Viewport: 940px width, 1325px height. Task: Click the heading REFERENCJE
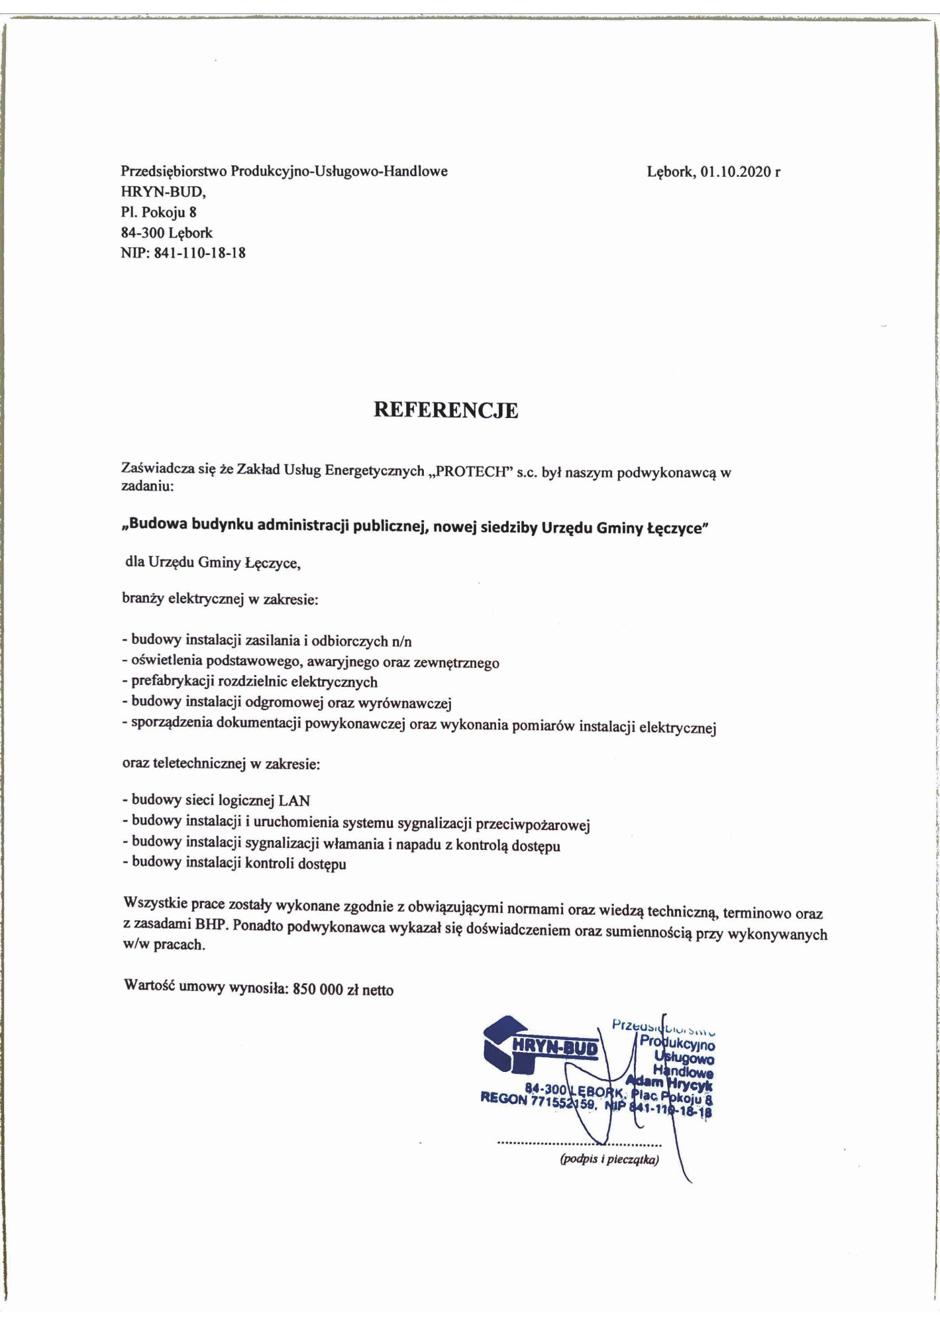[x=446, y=410]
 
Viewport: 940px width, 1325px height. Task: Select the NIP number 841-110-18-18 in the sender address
[x=199, y=252]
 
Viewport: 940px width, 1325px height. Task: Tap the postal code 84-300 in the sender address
[x=142, y=233]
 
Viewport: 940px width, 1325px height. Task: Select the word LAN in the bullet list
[x=294, y=800]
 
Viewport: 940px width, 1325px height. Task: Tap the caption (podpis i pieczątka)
[x=609, y=1160]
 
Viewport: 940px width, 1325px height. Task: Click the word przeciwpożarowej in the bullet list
[x=535, y=825]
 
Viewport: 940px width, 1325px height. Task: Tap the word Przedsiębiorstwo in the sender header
[x=174, y=172]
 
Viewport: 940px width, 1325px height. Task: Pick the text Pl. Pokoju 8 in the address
[x=158, y=212]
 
